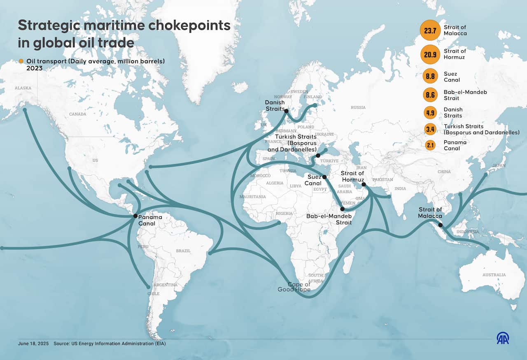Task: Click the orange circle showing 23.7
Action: pyautogui.click(x=430, y=30)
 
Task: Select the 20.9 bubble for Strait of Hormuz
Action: pyautogui.click(x=430, y=54)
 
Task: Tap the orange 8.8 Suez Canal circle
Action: pyautogui.click(x=430, y=77)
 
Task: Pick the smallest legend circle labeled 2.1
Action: pyautogui.click(x=430, y=145)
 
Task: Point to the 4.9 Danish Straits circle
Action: pyautogui.click(x=430, y=113)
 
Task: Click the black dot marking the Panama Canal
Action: pyautogui.click(x=135, y=216)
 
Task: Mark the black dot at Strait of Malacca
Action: pyautogui.click(x=441, y=225)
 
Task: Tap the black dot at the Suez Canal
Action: pyautogui.click(x=324, y=177)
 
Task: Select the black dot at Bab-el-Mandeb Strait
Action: pyautogui.click(x=343, y=209)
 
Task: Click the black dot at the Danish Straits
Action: pyautogui.click(x=286, y=111)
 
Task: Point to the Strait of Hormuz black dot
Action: pyautogui.click(x=364, y=185)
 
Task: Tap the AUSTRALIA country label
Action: pyautogui.click(x=494, y=275)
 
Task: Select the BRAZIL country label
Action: pyautogui.click(x=183, y=251)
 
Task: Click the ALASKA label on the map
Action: pyautogui.click(x=23, y=88)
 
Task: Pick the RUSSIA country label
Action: pyautogui.click(x=358, y=107)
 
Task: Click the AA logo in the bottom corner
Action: pyautogui.click(x=503, y=338)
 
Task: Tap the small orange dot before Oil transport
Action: pyautogui.click(x=21, y=61)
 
